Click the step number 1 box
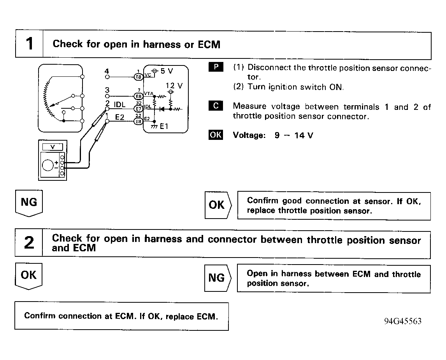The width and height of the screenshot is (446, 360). tap(29, 44)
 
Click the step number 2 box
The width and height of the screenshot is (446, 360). tap(29, 243)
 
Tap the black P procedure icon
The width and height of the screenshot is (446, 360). tap(216, 67)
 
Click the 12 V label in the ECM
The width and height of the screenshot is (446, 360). tap(174, 86)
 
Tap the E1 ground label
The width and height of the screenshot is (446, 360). tap(164, 126)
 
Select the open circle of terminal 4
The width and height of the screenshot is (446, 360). tap(107, 76)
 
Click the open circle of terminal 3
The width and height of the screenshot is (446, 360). tap(107, 95)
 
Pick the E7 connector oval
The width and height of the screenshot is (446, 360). tap(138, 109)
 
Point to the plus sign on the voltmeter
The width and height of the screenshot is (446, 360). tap(56, 162)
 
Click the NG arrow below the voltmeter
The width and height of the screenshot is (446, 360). tap(29, 203)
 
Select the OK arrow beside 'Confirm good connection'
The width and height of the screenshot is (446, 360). tap(218, 205)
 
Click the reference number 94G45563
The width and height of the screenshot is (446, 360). tap(402, 321)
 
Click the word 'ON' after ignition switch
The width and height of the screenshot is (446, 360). tap(336, 87)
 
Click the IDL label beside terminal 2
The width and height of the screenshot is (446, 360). tap(119, 104)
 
